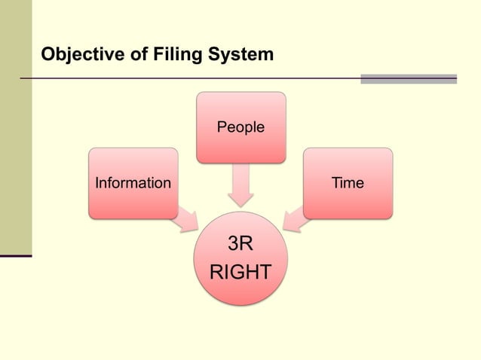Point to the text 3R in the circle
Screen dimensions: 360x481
click(240, 245)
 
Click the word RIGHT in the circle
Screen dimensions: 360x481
click(240, 272)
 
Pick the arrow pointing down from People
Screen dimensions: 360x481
click(241, 186)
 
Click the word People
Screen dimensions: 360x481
click(241, 127)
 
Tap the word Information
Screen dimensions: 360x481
click(133, 183)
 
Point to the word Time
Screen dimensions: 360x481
click(348, 183)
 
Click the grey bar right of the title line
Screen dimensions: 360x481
click(409, 78)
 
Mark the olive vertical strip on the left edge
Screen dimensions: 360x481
click(16, 128)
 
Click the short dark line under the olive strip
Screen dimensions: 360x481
click(16, 256)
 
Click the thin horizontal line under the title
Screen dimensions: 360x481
click(188, 78)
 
